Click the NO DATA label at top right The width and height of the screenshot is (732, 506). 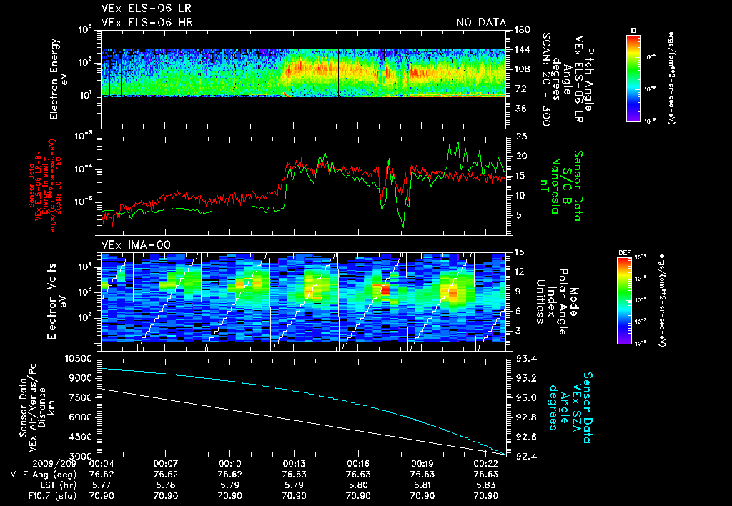click(481, 23)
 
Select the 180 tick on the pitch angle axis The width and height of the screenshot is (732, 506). click(521, 29)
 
